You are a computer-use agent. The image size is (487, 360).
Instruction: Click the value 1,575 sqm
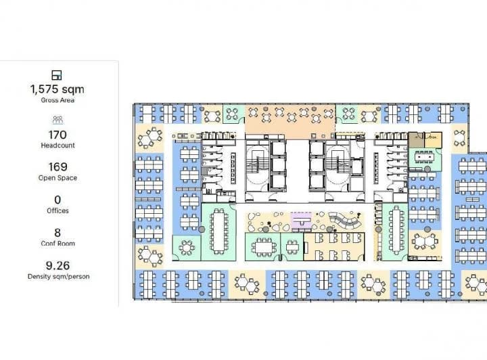pos(57,89)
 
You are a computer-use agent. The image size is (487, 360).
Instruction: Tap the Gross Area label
pos(57,100)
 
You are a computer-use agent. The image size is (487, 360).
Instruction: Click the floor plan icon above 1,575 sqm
pos(57,74)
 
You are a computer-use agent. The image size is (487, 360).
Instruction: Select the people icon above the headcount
pos(57,120)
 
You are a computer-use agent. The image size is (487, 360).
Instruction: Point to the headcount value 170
pos(57,135)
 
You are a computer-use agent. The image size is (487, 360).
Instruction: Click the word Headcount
pos(57,145)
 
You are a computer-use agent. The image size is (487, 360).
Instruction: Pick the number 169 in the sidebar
pos(57,167)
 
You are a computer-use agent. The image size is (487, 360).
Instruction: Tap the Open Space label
pos(57,178)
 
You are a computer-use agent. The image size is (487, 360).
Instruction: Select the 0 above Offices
pos(57,200)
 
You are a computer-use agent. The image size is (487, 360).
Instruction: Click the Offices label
pos(57,210)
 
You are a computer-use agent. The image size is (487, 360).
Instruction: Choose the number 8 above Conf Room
pos(57,232)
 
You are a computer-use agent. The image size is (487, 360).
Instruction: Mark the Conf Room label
pos(57,243)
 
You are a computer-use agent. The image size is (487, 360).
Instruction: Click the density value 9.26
pos(57,265)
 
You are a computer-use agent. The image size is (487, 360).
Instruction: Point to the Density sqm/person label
pos(57,276)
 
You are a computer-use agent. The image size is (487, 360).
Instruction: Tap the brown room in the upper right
pos(424,139)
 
